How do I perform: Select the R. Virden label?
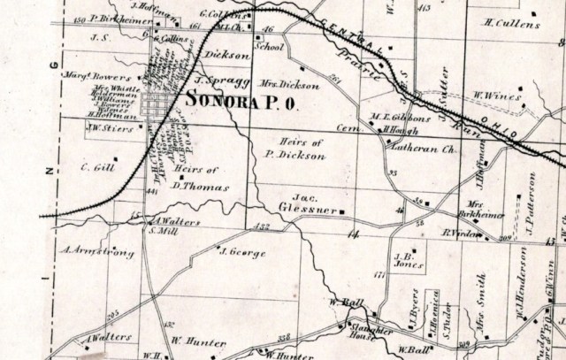click(x=460, y=234)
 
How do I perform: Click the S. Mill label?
click(x=161, y=231)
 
